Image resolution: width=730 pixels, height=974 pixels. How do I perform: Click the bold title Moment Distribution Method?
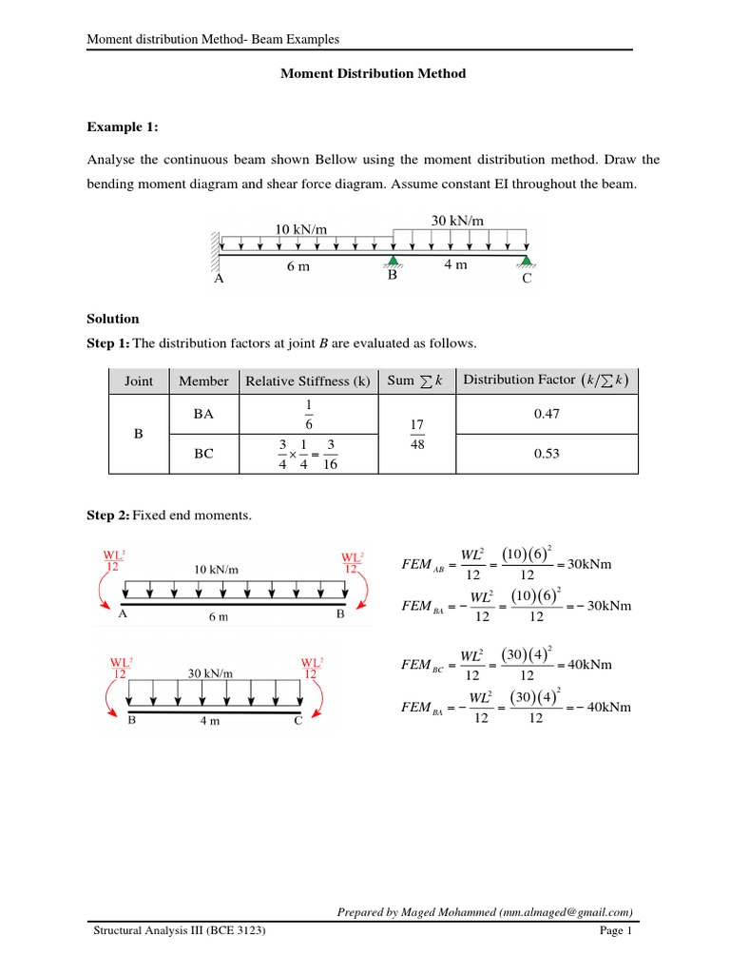click(373, 73)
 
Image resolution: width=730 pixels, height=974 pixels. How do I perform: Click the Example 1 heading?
click(123, 127)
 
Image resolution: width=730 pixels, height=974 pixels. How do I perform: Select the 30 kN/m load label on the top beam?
click(457, 221)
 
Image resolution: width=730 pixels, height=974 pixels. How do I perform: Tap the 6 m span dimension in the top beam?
click(298, 267)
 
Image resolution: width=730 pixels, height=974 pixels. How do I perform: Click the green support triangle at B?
click(391, 262)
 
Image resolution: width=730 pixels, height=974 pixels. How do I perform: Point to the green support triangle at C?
click(526, 262)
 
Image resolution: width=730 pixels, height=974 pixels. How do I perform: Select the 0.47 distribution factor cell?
click(547, 415)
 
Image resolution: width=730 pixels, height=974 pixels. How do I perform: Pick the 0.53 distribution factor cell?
click(547, 454)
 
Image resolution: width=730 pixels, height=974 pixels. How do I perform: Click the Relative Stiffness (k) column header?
click(307, 380)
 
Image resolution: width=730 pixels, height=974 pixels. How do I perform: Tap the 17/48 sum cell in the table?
click(416, 434)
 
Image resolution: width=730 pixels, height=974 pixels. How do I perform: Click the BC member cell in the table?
click(203, 455)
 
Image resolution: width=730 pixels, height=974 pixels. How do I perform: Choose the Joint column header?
click(139, 380)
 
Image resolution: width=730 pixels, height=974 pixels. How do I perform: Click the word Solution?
click(113, 319)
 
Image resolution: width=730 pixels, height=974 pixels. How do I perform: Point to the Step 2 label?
click(108, 515)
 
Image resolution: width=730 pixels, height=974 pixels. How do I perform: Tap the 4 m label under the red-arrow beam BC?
click(210, 721)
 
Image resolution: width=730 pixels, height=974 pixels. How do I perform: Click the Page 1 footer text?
click(615, 931)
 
